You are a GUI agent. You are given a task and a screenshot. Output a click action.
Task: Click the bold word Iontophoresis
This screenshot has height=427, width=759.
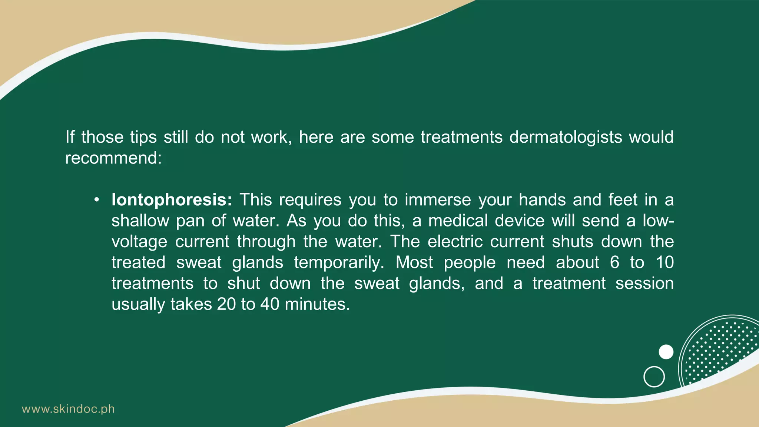[x=172, y=200]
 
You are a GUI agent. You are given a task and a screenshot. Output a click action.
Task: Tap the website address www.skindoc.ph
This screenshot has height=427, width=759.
[x=68, y=409]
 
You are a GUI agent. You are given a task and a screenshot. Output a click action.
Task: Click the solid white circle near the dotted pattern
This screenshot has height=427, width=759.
[x=666, y=352]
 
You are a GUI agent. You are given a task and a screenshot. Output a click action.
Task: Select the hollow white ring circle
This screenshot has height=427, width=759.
[x=654, y=377]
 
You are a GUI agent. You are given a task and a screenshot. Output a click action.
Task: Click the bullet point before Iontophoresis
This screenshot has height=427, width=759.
[x=97, y=200]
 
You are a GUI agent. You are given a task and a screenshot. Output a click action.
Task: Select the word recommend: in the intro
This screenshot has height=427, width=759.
[x=113, y=158]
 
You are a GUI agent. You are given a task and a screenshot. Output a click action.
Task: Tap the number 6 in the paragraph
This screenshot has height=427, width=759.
[x=614, y=263]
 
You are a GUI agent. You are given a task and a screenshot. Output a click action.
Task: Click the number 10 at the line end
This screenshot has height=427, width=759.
[x=664, y=263]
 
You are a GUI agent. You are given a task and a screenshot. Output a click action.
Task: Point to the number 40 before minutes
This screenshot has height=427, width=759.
[x=269, y=304]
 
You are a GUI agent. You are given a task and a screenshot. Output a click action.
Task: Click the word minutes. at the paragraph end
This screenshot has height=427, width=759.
[x=317, y=304]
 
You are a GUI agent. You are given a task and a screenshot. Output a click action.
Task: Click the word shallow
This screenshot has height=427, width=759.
[x=140, y=221]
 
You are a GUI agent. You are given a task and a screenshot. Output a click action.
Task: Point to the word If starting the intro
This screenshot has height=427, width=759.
[x=70, y=137]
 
